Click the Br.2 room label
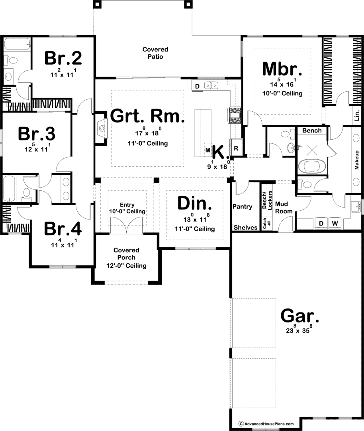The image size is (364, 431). click(63, 58)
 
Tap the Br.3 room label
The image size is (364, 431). click(36, 134)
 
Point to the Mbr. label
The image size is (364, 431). click(282, 69)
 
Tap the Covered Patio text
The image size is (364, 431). click(155, 53)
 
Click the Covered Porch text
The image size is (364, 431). click(126, 254)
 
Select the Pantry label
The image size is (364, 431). click(242, 207)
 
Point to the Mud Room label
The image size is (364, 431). click(284, 208)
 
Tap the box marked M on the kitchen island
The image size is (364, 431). click(207, 150)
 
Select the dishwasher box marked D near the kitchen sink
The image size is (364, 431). click(197, 86)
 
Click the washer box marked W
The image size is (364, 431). click(335, 223)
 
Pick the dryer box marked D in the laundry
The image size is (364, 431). click(321, 223)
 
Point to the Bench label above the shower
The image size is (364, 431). click(311, 131)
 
